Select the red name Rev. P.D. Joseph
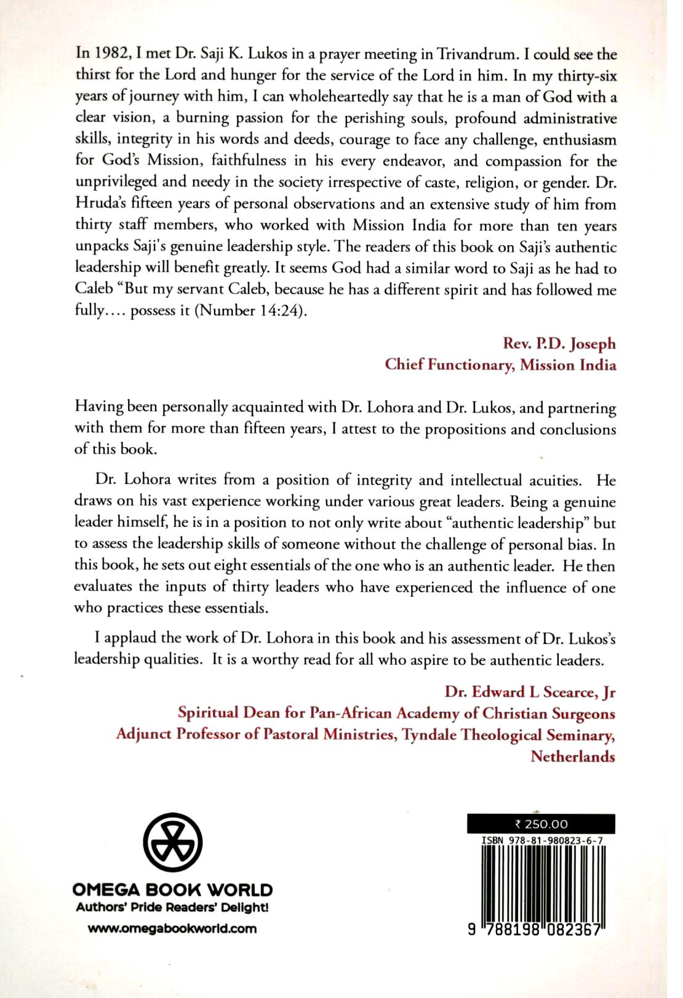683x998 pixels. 559,344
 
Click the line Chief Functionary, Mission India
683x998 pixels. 500,364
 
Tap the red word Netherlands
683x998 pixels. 573,756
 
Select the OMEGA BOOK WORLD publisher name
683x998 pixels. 172,890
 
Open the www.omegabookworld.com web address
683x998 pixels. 172,928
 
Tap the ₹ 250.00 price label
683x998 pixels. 541,824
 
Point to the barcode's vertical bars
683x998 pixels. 541,877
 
